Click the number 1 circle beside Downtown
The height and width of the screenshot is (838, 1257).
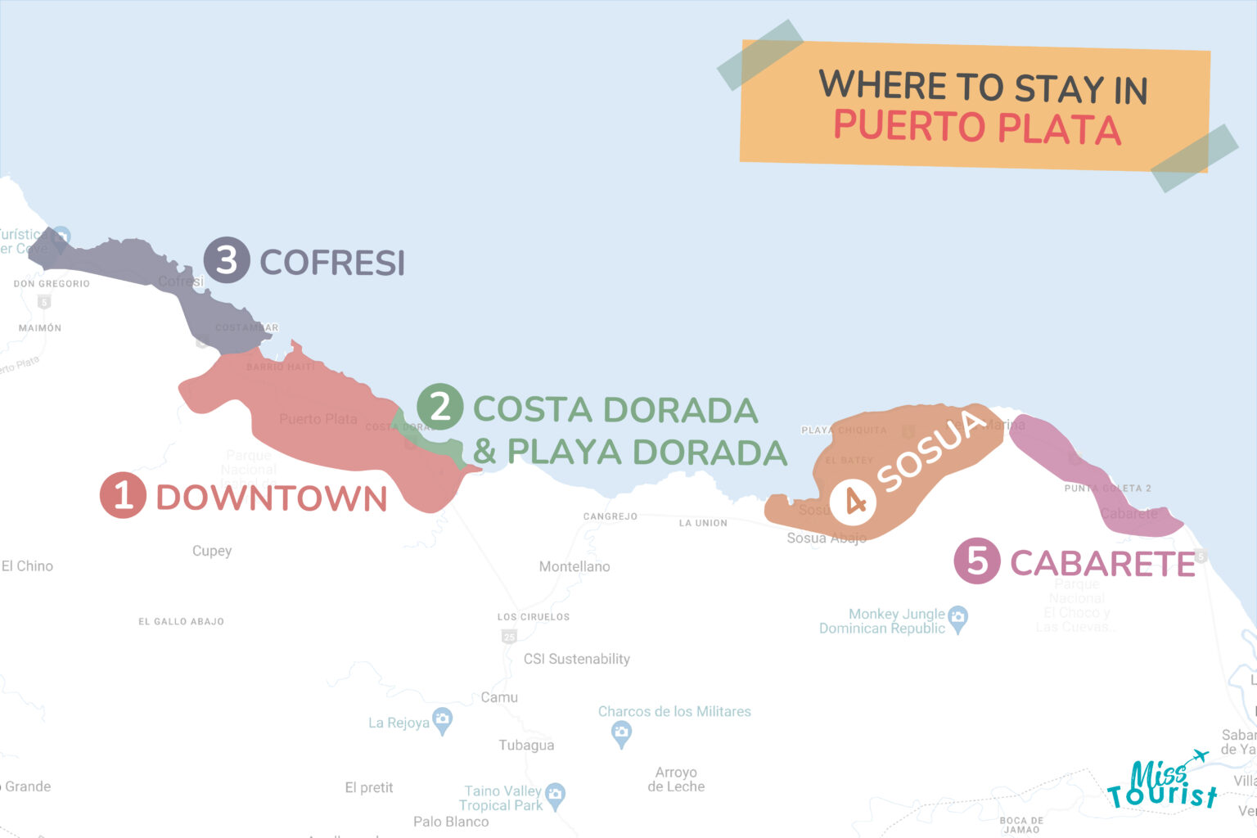click(123, 496)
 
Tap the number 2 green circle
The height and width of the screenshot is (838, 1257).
click(440, 407)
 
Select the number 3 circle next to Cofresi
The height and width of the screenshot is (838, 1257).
click(226, 260)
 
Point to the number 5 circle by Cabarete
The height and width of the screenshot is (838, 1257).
click(976, 561)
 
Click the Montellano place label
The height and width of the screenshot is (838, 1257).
click(574, 566)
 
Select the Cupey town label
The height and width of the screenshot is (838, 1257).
click(212, 551)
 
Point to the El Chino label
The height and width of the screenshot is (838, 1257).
click(27, 565)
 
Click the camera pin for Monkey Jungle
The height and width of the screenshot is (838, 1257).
click(958, 619)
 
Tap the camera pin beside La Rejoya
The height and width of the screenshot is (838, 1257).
click(442, 721)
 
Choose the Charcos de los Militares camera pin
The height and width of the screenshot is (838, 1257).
click(622, 733)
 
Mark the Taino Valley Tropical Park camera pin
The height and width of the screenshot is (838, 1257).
click(556, 795)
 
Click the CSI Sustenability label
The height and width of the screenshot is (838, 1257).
click(577, 659)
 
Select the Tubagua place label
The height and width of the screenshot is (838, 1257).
click(526, 745)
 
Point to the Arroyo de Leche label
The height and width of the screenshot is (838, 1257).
click(676, 779)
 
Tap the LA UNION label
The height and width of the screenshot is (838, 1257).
click(703, 523)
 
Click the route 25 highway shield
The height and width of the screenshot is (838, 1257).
click(509, 637)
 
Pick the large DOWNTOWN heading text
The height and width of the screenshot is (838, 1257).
click(271, 498)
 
